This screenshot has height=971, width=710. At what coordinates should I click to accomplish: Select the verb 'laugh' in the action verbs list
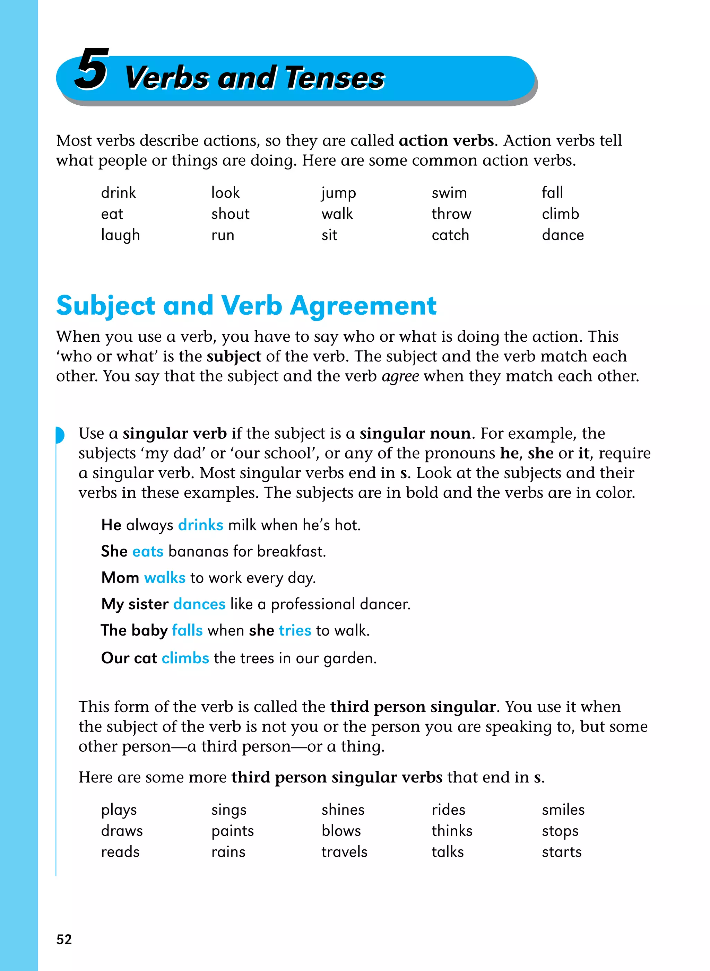click(x=120, y=235)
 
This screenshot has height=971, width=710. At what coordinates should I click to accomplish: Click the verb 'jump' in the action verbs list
click(x=338, y=193)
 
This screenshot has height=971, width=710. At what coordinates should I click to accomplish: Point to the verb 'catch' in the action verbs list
click(x=450, y=235)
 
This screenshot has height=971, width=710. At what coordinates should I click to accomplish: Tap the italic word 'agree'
click(x=400, y=376)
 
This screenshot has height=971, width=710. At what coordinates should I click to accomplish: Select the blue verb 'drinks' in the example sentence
click(x=200, y=525)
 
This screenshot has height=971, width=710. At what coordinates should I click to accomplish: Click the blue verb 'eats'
click(x=148, y=551)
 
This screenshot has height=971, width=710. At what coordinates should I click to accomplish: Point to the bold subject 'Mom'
click(x=120, y=578)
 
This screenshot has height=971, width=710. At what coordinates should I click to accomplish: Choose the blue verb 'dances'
click(x=199, y=604)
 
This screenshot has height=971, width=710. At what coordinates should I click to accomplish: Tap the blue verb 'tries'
click(x=295, y=630)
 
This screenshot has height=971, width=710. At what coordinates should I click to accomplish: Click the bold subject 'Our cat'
click(x=129, y=658)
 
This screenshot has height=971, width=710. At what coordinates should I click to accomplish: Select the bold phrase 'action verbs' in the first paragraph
click(x=446, y=140)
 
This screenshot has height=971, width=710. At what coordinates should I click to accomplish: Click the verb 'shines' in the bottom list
click(x=343, y=810)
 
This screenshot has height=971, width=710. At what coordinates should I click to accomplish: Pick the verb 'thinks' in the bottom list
click(x=452, y=831)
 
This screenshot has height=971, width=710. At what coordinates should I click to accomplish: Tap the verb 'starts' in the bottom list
click(x=561, y=852)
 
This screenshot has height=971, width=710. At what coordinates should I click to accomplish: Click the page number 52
click(x=64, y=939)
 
